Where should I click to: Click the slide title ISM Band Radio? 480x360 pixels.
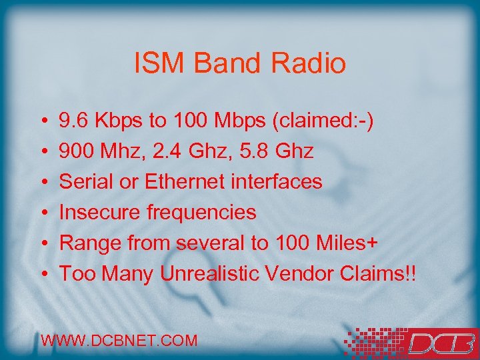pyautogui.click(x=240, y=64)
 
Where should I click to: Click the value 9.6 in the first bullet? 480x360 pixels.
pyautogui.click(x=74, y=121)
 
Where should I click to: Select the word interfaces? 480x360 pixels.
pyautogui.click(x=280, y=181)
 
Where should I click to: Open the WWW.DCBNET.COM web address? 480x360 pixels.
pyautogui.click(x=119, y=341)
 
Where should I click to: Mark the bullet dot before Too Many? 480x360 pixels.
pyautogui.click(x=43, y=274)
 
